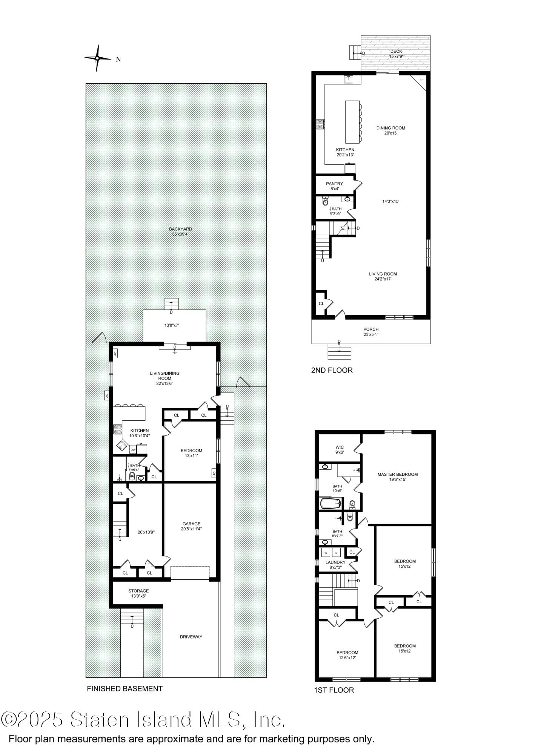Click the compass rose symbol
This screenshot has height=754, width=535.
97,58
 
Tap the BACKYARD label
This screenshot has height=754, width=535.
180,229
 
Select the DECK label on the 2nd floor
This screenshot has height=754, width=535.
396,51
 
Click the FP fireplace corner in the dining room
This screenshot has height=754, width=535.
421,80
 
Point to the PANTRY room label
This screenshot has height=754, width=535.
334,184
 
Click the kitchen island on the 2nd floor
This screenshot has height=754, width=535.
352,121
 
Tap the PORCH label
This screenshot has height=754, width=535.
371,329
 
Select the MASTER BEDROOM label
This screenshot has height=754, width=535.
398,474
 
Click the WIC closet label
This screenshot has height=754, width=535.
340,447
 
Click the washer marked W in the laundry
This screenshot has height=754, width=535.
326,553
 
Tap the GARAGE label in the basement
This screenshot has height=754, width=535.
191,524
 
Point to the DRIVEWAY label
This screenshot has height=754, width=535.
191,637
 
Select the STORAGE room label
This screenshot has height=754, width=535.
138,591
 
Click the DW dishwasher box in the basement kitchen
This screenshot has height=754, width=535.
133,450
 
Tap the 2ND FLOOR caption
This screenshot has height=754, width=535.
332,370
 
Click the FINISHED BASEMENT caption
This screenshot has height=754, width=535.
125,689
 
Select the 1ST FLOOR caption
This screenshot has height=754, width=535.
334,690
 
